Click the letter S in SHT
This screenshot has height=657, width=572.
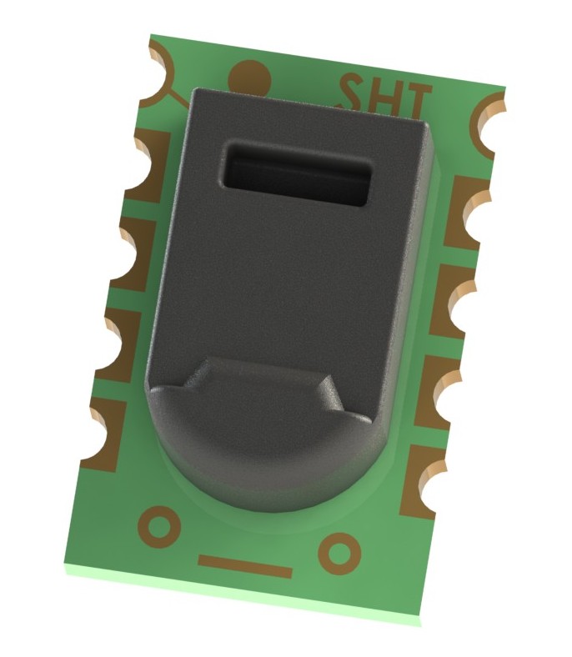(x=354, y=92)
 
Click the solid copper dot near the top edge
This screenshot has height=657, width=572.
(x=249, y=78)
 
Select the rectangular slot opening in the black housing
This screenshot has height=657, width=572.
(x=296, y=173)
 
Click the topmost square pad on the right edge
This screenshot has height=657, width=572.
(x=463, y=213)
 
